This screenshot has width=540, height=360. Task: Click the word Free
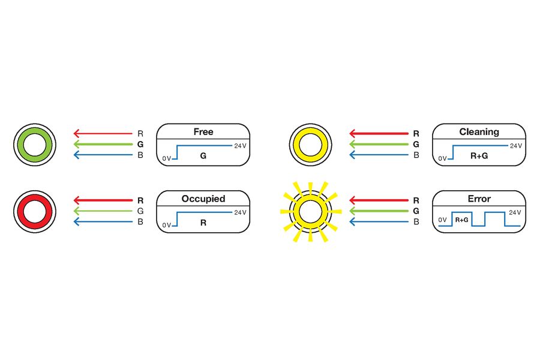click(203, 131)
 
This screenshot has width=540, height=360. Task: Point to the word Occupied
click(203, 199)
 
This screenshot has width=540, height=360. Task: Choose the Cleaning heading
click(479, 131)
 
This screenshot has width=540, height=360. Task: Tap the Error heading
click(479, 199)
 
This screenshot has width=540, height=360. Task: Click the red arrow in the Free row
click(103, 133)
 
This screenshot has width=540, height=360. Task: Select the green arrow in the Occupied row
click(103, 211)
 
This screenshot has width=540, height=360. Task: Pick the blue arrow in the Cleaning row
click(379, 155)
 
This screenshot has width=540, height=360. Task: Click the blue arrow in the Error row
click(379, 222)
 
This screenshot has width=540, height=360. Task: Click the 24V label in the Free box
click(241, 146)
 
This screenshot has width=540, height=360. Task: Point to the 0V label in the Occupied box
click(167, 226)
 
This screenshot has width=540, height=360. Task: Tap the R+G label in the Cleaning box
click(479, 156)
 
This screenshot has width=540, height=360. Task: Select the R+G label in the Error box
click(461, 220)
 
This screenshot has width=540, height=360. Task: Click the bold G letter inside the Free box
click(203, 156)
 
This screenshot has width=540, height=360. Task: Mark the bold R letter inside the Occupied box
click(203, 223)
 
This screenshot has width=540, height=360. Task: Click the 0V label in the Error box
click(443, 220)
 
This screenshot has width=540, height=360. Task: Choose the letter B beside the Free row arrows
click(140, 155)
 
